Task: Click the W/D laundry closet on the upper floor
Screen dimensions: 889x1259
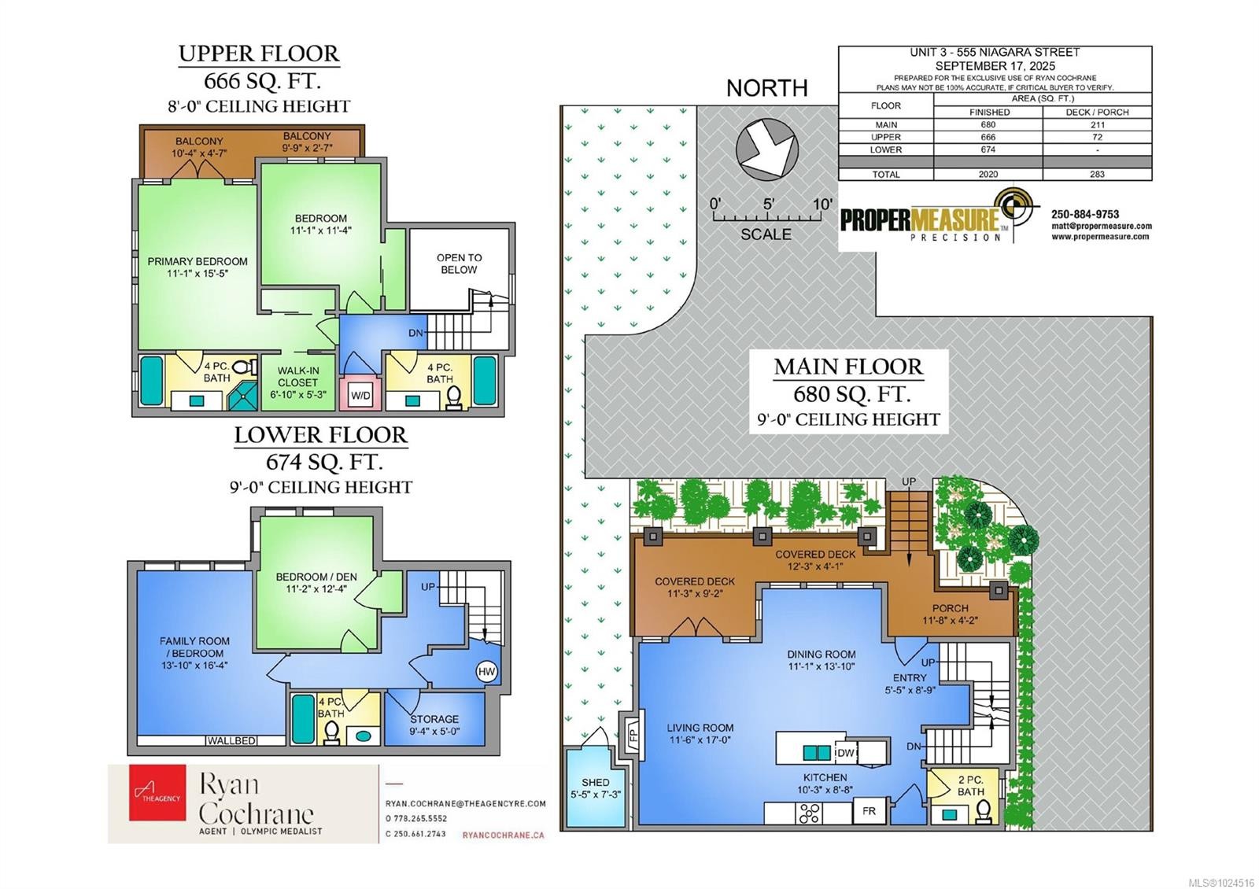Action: point(360,395)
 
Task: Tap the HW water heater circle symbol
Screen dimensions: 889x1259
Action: point(486,671)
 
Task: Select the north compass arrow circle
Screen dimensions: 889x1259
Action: point(767,149)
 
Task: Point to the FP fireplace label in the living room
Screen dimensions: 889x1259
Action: point(632,738)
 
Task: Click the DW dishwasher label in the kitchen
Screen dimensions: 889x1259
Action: point(845,753)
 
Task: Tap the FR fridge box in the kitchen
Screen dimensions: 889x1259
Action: point(869,810)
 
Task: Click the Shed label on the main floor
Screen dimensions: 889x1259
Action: point(596,782)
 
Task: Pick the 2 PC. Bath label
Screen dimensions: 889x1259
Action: point(970,786)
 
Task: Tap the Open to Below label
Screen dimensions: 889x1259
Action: point(459,264)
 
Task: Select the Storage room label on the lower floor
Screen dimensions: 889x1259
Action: point(434,719)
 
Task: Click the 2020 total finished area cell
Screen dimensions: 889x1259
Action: point(988,174)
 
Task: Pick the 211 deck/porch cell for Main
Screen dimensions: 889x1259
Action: point(1098,124)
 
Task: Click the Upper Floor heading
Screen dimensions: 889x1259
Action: point(259,53)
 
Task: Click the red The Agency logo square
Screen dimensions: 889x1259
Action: point(157,792)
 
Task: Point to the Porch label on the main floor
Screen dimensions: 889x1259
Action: point(950,608)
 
